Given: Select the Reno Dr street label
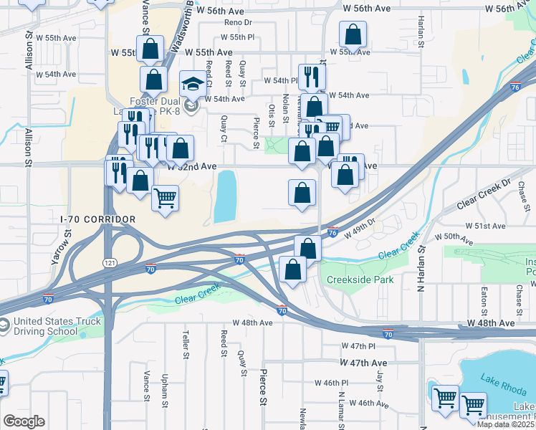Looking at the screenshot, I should click(x=239, y=23).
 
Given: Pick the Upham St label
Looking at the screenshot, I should click(x=166, y=386).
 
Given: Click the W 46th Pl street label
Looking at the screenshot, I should click(x=333, y=383).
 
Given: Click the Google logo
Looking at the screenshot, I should click(x=23, y=421).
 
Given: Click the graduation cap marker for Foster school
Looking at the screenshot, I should click(x=191, y=85).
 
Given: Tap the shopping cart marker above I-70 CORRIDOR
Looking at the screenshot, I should click(x=166, y=198).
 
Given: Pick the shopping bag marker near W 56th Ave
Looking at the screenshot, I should click(x=353, y=34).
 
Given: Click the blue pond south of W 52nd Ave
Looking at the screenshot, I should click(x=225, y=196).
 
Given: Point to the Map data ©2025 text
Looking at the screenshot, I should click(x=506, y=424).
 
